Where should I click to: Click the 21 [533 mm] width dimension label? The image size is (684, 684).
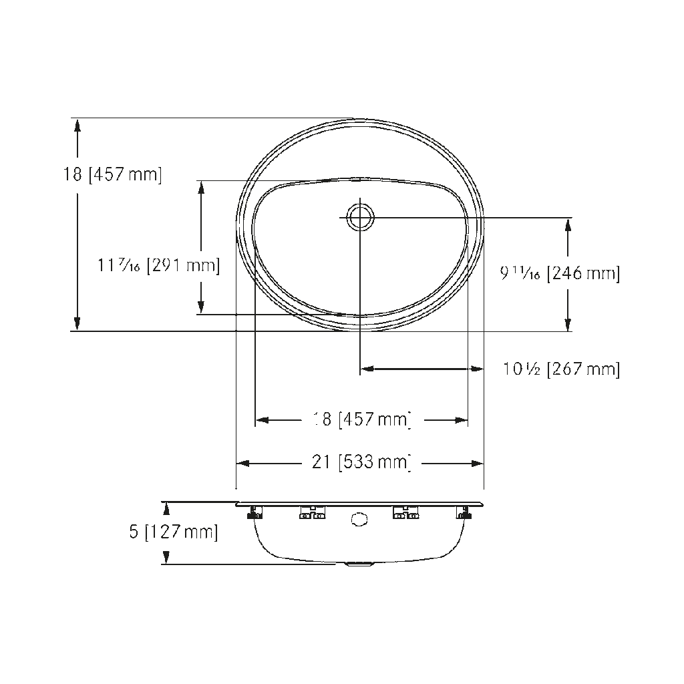pyautogui.click(x=361, y=462)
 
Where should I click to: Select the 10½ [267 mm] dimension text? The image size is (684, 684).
pyautogui.click(x=561, y=369)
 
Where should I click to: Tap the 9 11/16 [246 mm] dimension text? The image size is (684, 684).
pyautogui.click(x=560, y=273)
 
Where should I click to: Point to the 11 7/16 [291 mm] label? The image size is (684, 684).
pyautogui.click(x=159, y=265)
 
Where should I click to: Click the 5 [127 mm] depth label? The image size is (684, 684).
pyautogui.click(x=174, y=532)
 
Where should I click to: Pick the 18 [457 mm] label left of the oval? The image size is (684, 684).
pyautogui.click(x=112, y=174)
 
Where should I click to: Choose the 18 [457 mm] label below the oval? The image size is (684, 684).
pyautogui.click(x=362, y=419)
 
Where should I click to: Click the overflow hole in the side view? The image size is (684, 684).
pyautogui.click(x=359, y=519)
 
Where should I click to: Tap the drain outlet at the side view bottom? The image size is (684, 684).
pyautogui.click(x=358, y=564)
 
